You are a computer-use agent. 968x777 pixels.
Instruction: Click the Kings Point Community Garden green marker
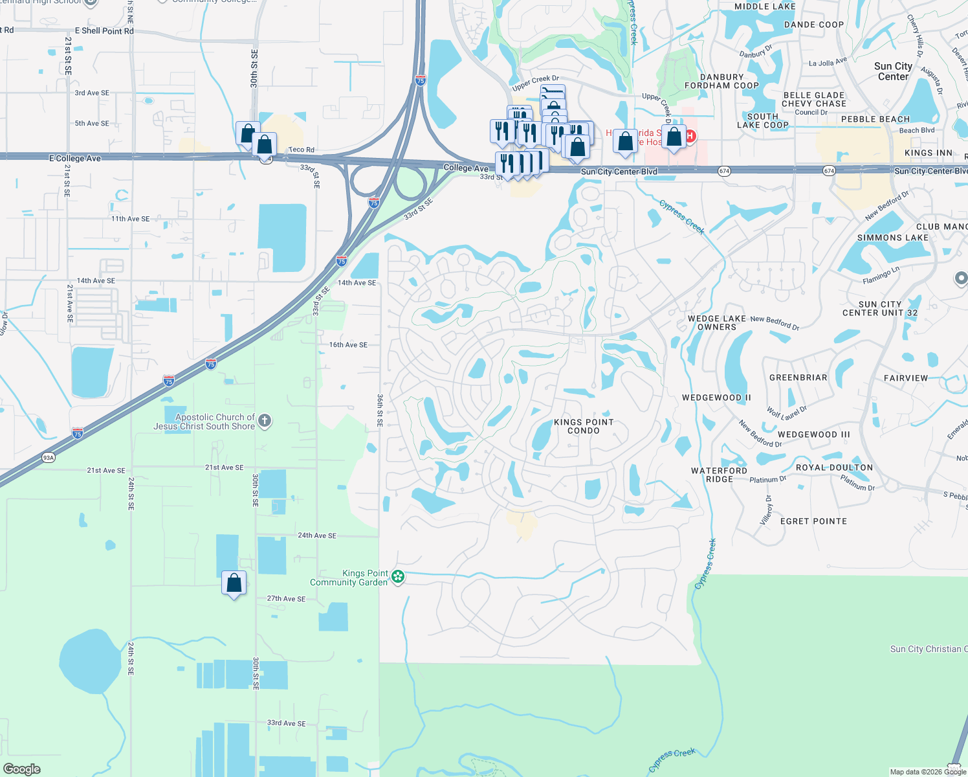[x=398, y=576]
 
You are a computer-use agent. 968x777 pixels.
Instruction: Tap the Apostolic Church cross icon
[x=264, y=422]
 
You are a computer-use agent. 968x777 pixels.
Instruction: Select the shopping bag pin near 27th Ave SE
[x=234, y=583]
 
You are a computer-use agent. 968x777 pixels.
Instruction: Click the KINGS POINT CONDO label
[x=584, y=426]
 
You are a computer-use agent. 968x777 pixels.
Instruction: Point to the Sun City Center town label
[x=893, y=71]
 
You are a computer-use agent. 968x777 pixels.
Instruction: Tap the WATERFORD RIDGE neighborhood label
[x=719, y=475]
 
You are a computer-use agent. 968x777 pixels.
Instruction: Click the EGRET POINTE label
[x=813, y=521]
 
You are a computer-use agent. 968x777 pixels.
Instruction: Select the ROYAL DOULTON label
[x=834, y=467]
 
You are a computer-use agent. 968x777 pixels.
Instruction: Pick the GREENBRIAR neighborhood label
[x=798, y=377]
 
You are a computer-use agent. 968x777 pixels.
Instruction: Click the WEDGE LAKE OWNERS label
[x=717, y=322]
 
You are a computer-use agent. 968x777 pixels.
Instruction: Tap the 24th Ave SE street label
[x=317, y=535]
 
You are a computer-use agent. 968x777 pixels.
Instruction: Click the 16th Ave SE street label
[x=348, y=345]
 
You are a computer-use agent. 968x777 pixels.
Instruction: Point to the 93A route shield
[x=49, y=458]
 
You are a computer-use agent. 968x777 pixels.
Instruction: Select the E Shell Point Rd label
[x=104, y=31]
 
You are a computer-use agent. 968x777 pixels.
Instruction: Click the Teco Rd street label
[x=302, y=150]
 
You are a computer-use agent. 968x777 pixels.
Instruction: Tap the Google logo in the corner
[x=22, y=769]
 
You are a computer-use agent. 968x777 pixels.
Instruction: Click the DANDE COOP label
[x=814, y=25]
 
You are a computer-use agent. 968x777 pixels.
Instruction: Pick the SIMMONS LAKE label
[x=892, y=238]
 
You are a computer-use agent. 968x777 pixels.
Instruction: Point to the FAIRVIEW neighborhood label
[x=906, y=378]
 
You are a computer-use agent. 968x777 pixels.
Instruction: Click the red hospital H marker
[x=690, y=136]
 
